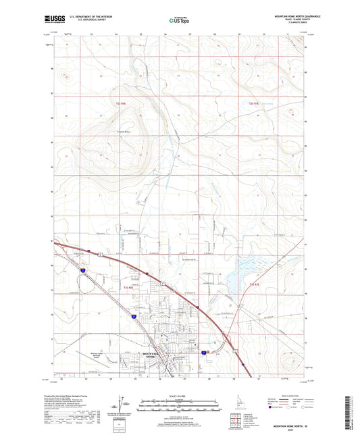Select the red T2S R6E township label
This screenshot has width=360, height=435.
pos(121,103)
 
